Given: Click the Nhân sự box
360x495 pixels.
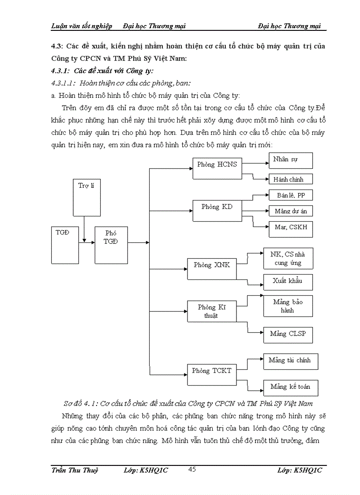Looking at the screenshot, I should tap(291, 160).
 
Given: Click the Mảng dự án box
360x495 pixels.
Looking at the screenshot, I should tap(291, 211).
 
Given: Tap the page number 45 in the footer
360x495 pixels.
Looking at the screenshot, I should tap(192, 469).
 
